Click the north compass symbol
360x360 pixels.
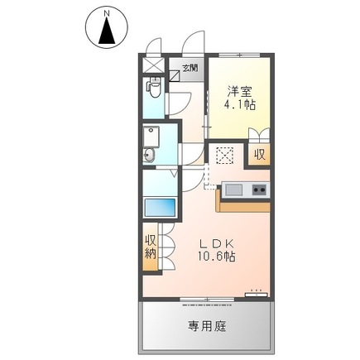105,32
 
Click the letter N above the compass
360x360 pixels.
106,12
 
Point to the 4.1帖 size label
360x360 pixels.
238,106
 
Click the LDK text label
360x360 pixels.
218,243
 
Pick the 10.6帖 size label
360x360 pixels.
218,257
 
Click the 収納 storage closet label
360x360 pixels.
151,248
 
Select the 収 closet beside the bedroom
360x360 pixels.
260,154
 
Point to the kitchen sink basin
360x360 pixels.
233,190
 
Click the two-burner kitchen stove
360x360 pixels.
259,191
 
